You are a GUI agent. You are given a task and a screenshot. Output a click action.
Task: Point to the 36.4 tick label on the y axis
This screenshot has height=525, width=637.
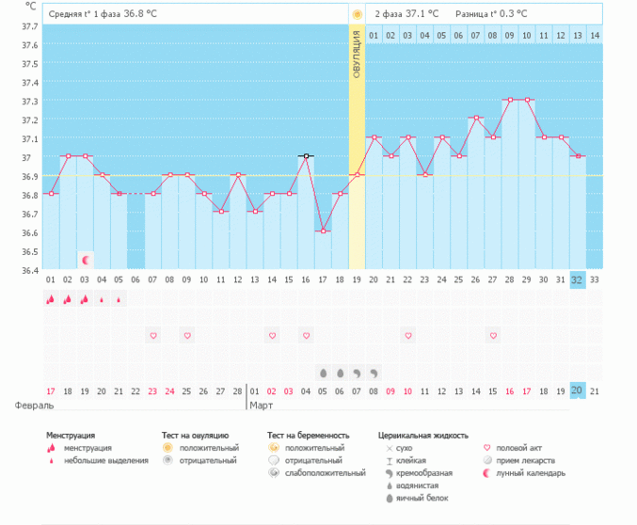tap(29, 270)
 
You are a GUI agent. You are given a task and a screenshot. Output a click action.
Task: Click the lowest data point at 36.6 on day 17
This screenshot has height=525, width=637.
tap(323, 231)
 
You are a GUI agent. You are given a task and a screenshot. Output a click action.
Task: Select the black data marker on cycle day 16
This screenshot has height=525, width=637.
tap(306, 156)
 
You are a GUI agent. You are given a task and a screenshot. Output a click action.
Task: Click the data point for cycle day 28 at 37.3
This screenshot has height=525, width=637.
tap(509, 100)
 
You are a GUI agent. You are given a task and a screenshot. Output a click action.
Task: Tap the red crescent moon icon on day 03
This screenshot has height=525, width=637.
tap(86, 259)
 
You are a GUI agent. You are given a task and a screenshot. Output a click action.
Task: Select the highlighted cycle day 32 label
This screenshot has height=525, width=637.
tap(577, 278)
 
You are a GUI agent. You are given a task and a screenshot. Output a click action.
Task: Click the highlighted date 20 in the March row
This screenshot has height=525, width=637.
tap(577, 390)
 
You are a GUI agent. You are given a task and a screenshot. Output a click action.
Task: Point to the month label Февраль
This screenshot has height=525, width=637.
tap(34, 406)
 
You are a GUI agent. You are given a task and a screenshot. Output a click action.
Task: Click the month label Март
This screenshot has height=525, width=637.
tap(261, 406)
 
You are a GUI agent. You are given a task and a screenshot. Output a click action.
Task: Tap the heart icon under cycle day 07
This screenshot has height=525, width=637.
tap(153, 335)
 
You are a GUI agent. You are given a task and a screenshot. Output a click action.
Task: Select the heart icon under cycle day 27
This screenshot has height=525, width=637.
tap(492, 335)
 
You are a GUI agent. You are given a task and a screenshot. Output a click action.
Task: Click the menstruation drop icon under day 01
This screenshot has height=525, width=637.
tap(51, 299)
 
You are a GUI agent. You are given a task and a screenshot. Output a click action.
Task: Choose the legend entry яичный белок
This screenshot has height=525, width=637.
tap(419, 496)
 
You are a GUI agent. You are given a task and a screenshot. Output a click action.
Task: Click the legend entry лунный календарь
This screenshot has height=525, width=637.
tap(531, 472)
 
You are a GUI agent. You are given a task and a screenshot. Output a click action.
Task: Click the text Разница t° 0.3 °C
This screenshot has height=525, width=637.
tap(490, 14)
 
